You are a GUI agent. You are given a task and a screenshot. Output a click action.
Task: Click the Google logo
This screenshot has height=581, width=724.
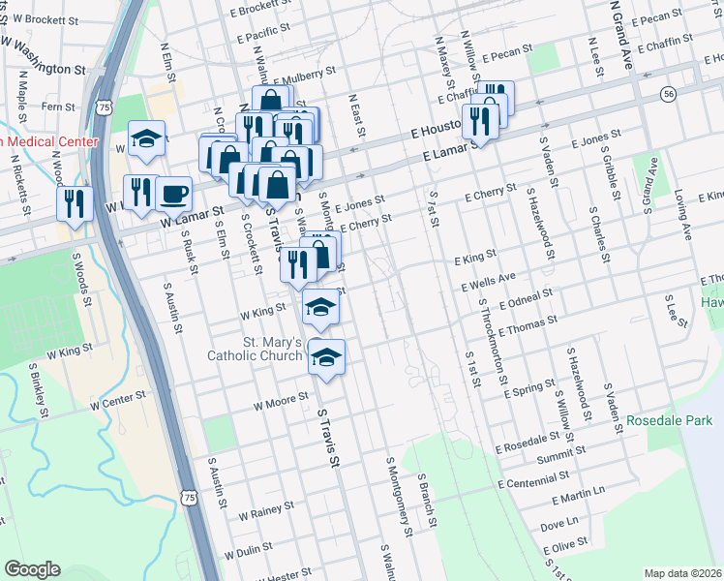point(32,569)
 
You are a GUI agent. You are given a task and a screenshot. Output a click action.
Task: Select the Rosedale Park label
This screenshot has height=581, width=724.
point(669,421)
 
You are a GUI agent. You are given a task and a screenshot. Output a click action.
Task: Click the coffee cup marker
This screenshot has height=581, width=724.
point(173,195)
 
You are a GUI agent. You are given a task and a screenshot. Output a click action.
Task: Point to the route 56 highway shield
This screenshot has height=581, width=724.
point(668,94)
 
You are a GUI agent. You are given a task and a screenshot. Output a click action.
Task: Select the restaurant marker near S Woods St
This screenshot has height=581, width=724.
point(74,202)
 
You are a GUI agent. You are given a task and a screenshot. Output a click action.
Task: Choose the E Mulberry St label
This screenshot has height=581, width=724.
point(304,72)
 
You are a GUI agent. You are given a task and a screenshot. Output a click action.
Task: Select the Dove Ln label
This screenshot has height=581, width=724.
point(559,524)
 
